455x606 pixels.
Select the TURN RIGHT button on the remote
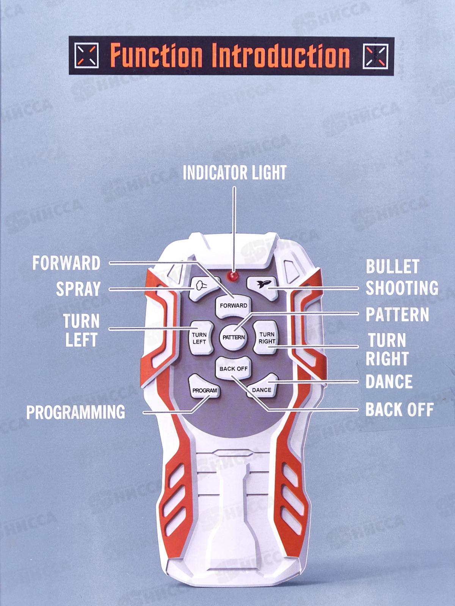tap(267, 337)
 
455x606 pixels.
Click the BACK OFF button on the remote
tap(234, 368)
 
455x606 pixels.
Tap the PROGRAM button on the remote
tap(204, 389)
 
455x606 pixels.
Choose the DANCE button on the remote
tap(262, 388)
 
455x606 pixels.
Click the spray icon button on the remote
tap(201, 287)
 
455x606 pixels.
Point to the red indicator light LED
tap(233, 276)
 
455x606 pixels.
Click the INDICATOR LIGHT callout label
tap(234, 172)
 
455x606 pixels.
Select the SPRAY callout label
tap(78, 289)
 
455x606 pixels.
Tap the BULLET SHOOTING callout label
tap(402, 277)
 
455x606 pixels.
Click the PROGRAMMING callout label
tap(75, 412)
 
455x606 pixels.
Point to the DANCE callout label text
tap(389, 381)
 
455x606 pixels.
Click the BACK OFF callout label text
tap(399, 409)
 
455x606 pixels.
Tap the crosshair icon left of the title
tap(87, 55)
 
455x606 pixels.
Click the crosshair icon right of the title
tap(375, 56)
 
